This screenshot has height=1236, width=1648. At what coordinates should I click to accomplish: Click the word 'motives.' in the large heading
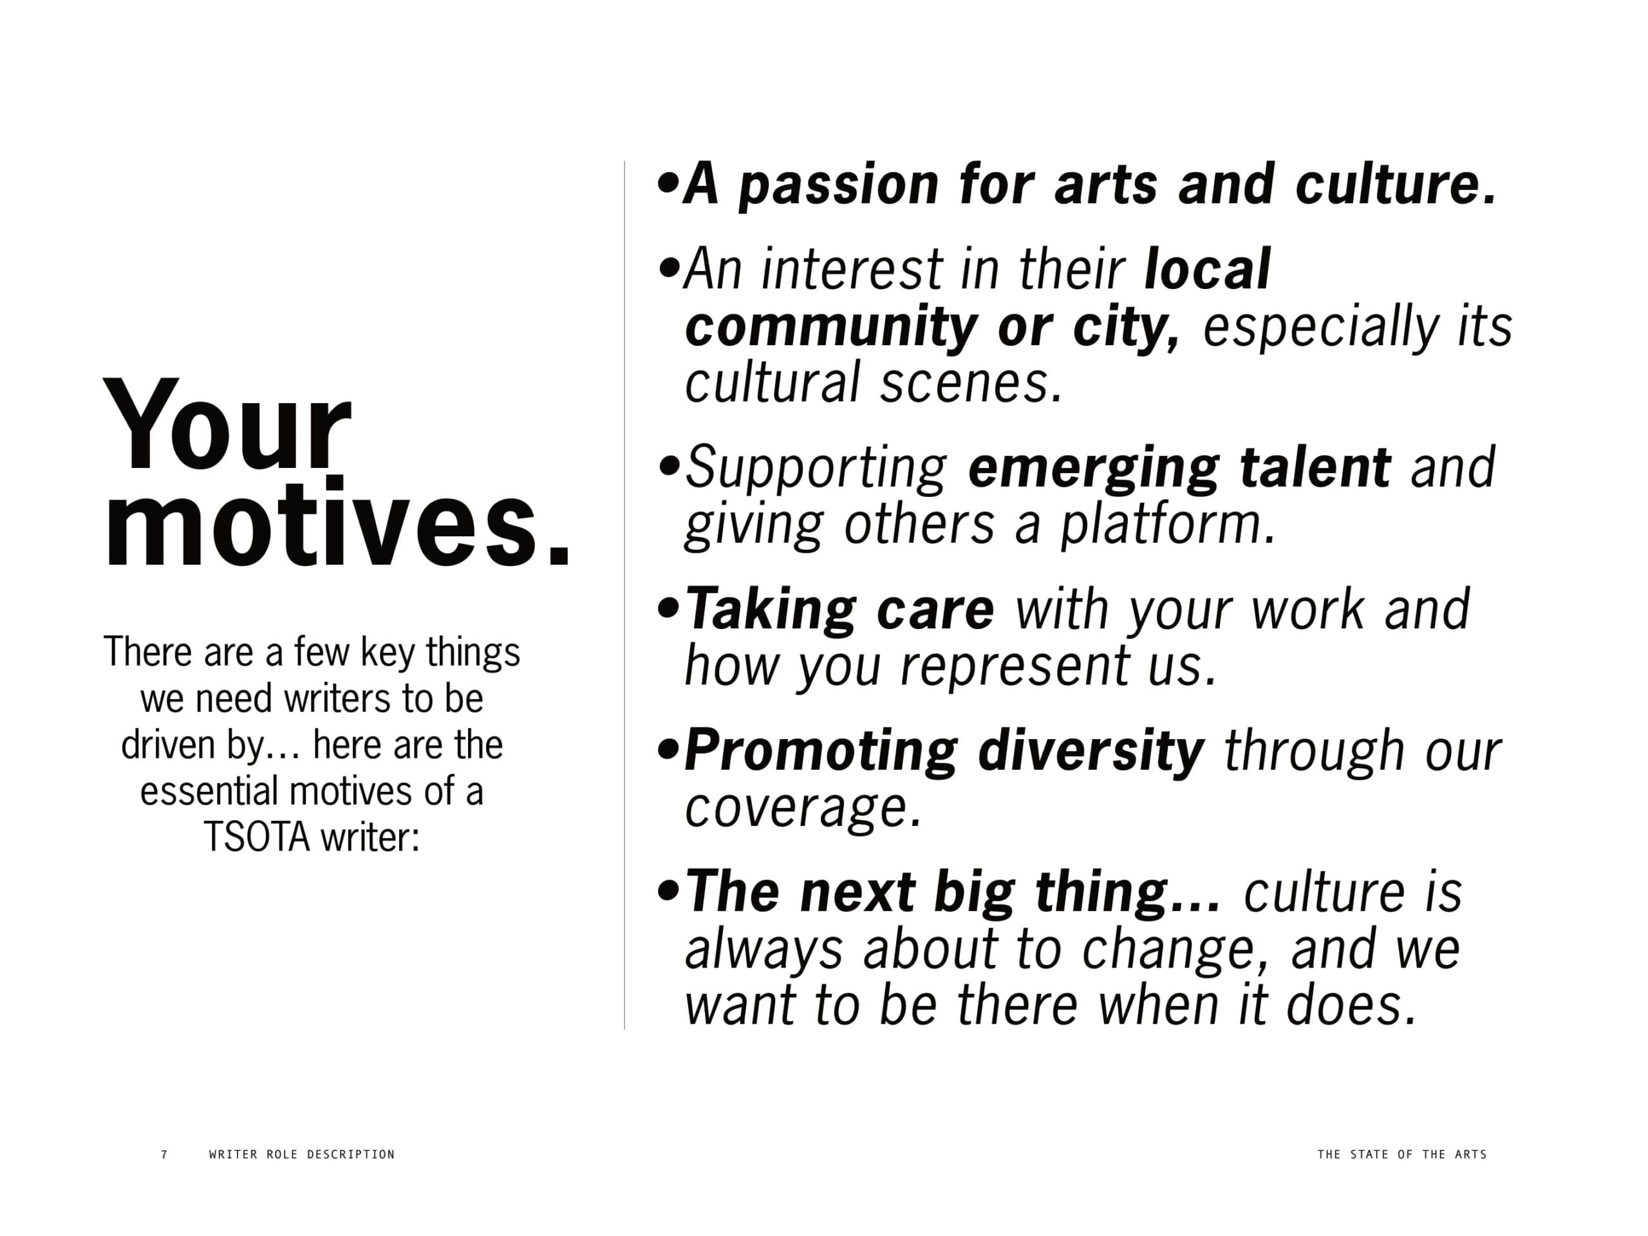pos(337,521)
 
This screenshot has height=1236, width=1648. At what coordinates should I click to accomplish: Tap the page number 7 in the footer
pos(165,1154)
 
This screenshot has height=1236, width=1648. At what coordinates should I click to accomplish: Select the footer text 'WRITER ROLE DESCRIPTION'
pos(302,1154)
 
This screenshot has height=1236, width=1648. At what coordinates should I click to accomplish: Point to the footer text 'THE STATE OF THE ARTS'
pos(1401,1154)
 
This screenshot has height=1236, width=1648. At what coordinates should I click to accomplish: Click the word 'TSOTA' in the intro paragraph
pos(256,838)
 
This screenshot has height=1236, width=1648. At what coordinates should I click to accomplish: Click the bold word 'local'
pos(1207,269)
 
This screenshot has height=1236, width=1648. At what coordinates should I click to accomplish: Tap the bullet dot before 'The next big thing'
pos(668,891)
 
